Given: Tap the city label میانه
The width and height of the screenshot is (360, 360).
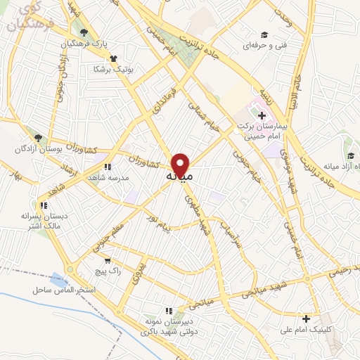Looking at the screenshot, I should [179, 176].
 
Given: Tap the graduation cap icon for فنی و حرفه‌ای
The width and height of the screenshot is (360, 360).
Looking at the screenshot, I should [264, 34].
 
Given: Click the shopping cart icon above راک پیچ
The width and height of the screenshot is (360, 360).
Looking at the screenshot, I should [107, 259].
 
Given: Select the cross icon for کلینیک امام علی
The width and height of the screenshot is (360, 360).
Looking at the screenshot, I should [305, 318].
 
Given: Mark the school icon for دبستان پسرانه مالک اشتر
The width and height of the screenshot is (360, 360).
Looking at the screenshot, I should [44, 205].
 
